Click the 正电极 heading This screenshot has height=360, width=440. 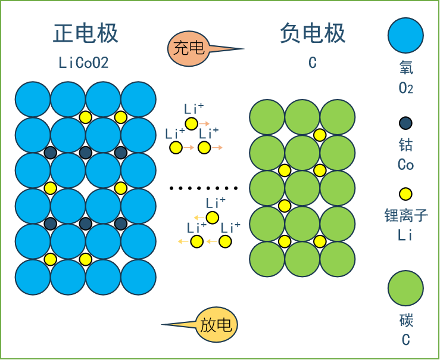point(86,33)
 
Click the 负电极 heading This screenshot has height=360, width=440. point(313,33)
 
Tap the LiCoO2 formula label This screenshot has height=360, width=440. point(84,63)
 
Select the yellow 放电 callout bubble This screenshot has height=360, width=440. point(216,325)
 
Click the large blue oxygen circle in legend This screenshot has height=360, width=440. point(405,35)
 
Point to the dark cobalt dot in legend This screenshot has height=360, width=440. point(405,123)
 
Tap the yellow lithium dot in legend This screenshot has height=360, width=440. point(405,194)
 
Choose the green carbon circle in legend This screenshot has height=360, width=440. point(405,288)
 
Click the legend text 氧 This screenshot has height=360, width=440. point(406,68)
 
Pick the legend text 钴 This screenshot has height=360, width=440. point(405,145)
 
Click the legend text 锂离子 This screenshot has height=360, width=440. point(406,215)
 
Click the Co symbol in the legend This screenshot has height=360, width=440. point(405,165)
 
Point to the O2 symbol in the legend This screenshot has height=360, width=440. point(406,89)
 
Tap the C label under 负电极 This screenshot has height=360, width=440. point(313,63)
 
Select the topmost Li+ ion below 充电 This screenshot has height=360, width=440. point(191,123)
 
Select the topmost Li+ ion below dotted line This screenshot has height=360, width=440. point(212,217)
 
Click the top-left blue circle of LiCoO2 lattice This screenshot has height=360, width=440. point(33,99)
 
